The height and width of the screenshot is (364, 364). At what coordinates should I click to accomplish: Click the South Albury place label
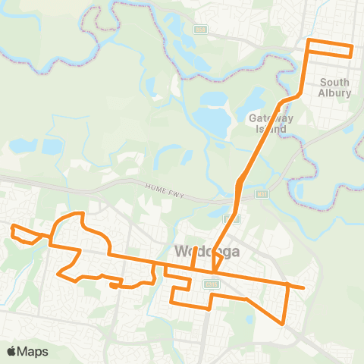[335, 88]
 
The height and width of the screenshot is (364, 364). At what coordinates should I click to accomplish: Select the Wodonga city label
[207, 251]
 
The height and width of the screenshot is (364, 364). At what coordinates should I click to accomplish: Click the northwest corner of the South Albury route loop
[309, 39]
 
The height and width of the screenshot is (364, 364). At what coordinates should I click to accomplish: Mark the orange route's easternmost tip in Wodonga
[303, 288]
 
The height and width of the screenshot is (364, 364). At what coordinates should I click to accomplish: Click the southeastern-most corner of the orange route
[283, 324]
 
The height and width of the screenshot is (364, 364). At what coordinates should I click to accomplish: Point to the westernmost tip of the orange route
[11, 226]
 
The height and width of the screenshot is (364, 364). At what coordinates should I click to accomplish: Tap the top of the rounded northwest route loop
[76, 214]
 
